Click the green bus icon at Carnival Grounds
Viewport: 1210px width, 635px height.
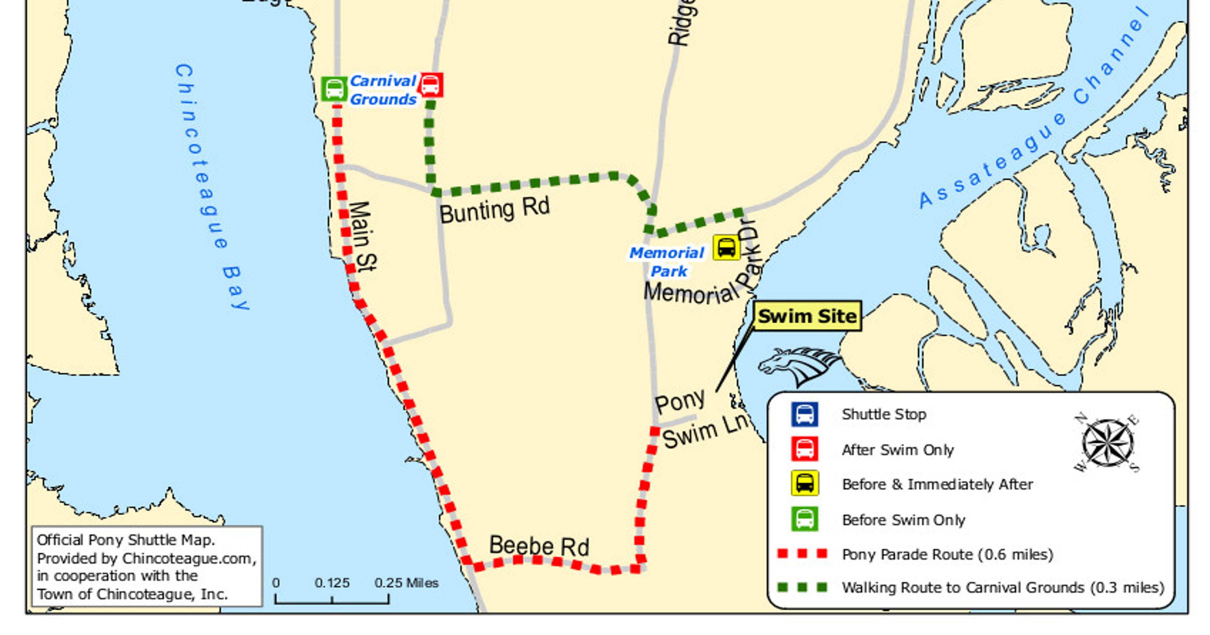(x=334, y=89)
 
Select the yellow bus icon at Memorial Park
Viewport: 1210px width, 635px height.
(x=726, y=248)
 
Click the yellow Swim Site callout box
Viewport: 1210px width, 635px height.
(x=807, y=316)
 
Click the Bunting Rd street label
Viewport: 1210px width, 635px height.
(x=494, y=211)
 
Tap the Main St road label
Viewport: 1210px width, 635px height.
(x=363, y=236)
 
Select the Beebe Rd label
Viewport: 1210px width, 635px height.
(x=539, y=546)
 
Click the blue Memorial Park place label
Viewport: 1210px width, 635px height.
(x=667, y=262)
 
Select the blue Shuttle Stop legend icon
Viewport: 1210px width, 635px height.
(x=804, y=414)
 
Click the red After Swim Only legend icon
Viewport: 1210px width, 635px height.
(x=804, y=449)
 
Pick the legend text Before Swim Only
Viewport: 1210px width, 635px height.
(x=903, y=520)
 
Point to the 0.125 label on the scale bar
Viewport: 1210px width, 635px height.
(x=332, y=583)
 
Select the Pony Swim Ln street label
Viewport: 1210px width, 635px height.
(x=700, y=420)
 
